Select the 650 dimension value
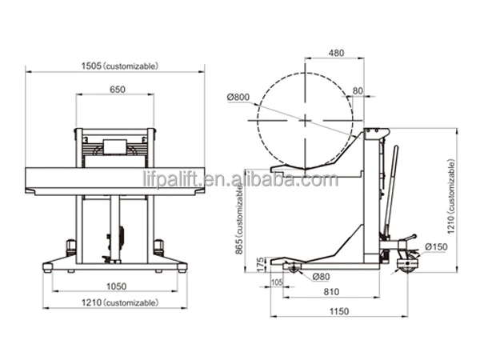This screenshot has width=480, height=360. click(x=116, y=90)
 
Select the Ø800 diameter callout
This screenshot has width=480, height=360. click(x=238, y=98)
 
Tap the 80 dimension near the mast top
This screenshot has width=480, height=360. click(x=357, y=90)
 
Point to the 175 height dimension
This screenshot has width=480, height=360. click(x=260, y=265)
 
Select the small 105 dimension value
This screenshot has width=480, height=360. click(x=277, y=283)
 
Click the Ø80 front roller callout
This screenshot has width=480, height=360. click(x=322, y=277)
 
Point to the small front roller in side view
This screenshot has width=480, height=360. click(x=292, y=268)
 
